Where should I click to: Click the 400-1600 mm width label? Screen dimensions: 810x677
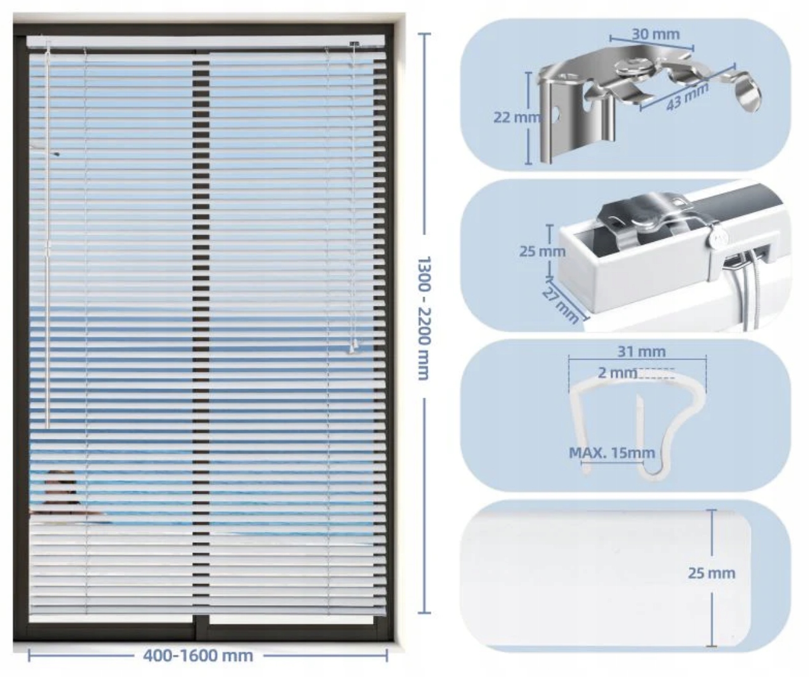[x=198, y=655]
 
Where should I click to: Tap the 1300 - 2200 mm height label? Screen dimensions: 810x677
[x=423, y=318]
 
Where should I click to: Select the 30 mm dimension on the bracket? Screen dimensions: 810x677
[x=656, y=34]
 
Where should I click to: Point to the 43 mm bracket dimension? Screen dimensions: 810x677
[x=687, y=97]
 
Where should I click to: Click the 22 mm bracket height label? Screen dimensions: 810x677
[x=517, y=117]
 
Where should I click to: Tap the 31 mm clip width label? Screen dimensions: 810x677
[x=641, y=351]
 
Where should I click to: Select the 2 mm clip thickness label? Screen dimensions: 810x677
[x=617, y=373]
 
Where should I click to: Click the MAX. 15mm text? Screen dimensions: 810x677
[x=611, y=453]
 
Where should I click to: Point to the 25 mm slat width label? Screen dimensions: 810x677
[x=712, y=573]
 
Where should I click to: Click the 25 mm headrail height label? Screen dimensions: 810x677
[x=542, y=251]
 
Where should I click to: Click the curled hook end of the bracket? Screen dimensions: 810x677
[x=747, y=93]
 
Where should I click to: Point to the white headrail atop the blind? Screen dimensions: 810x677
[x=206, y=41]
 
